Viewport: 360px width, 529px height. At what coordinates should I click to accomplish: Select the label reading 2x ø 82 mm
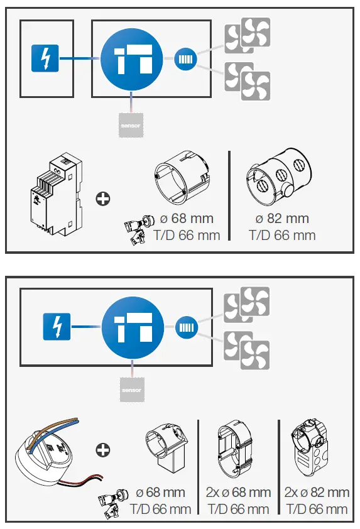(x=317, y=492)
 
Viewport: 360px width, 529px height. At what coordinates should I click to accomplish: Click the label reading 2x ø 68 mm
(x=238, y=492)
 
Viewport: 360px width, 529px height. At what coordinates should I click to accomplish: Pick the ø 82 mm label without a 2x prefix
(x=282, y=219)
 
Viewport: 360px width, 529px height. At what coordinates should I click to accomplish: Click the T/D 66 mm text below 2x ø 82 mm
(x=317, y=509)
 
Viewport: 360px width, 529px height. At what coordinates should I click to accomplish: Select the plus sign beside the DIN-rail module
(x=102, y=199)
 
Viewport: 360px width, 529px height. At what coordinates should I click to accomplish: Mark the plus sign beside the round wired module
(x=102, y=450)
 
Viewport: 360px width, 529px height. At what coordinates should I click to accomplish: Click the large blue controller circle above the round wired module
(x=132, y=327)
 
